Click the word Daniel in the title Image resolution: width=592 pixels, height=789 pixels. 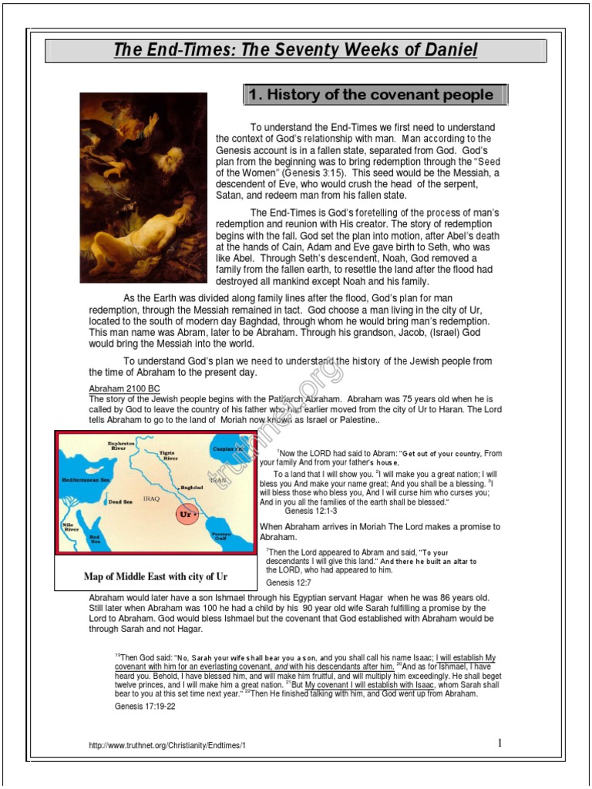pyautogui.click(x=448, y=51)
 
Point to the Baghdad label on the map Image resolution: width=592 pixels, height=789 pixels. pyautogui.click(x=191, y=487)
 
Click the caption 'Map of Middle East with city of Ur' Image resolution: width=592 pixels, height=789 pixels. pyautogui.click(x=156, y=576)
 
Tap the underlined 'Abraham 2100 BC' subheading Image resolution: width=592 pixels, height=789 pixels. pyautogui.click(x=124, y=389)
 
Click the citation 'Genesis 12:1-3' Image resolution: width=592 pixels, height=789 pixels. pyautogui.click(x=311, y=511)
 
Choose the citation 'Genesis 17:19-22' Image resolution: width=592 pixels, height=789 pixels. pyautogui.click(x=145, y=706)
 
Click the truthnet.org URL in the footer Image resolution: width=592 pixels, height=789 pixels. pyautogui.click(x=167, y=746)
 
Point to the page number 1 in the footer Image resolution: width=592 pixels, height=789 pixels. pyautogui.click(x=499, y=743)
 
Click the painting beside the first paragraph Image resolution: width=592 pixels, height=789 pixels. pyautogui.click(x=144, y=188)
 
